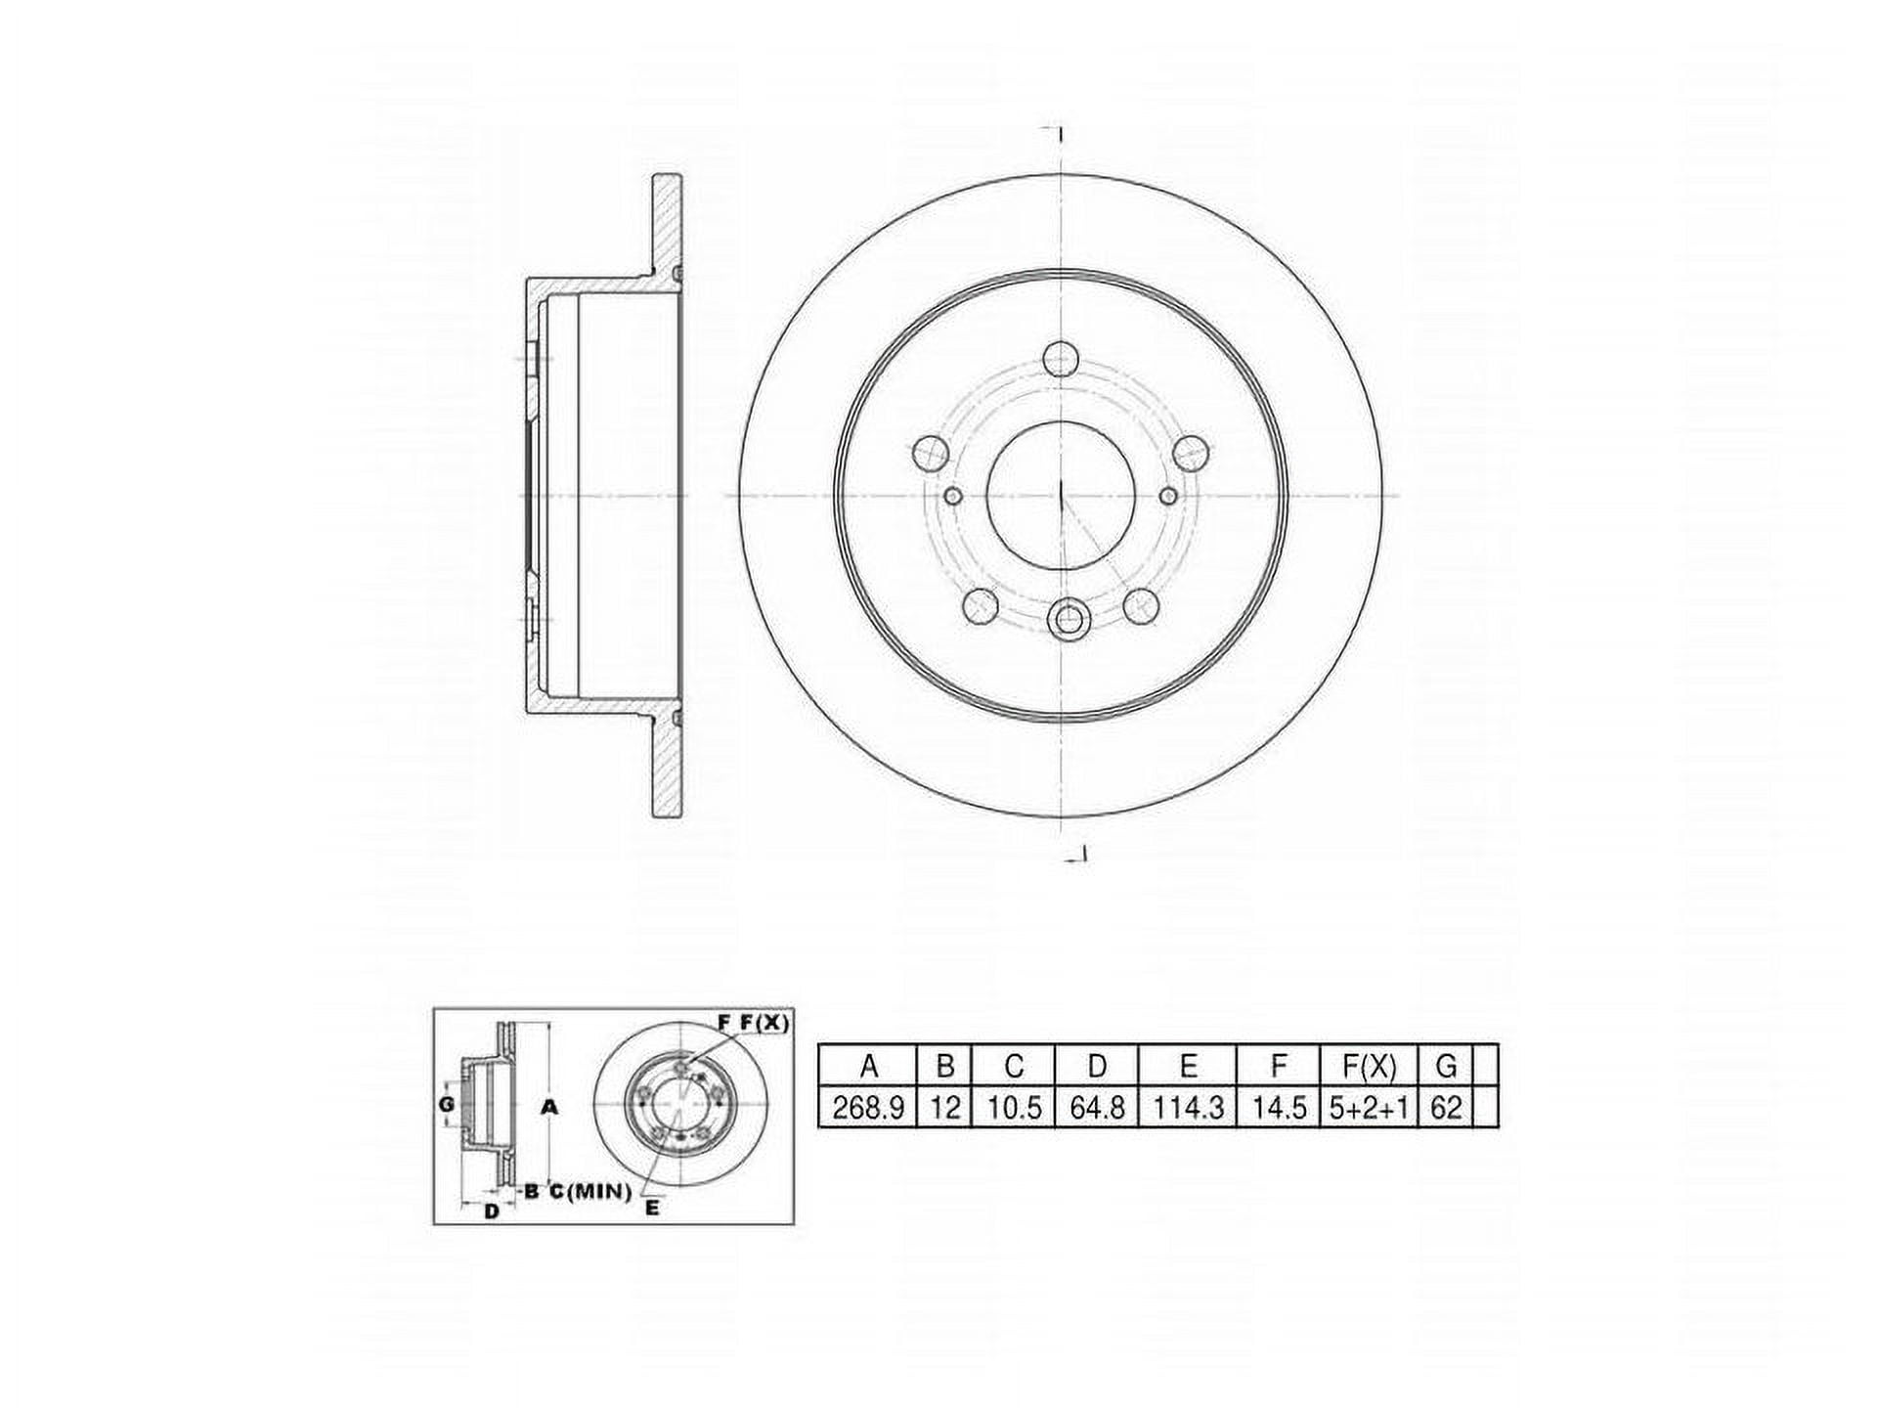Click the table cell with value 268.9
pyautogui.click(x=867, y=1108)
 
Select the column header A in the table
pyautogui.click(x=867, y=1065)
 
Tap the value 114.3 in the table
pyautogui.click(x=1188, y=1108)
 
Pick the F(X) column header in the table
pyautogui.click(x=1369, y=1065)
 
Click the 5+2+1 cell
pyautogui.click(x=1369, y=1108)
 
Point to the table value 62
pyautogui.click(x=1445, y=1108)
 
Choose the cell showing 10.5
pyautogui.click(x=1013, y=1108)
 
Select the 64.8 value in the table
pyautogui.click(x=1097, y=1108)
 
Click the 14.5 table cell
pyautogui.click(x=1279, y=1108)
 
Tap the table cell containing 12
pyautogui.click(x=943, y=1108)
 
